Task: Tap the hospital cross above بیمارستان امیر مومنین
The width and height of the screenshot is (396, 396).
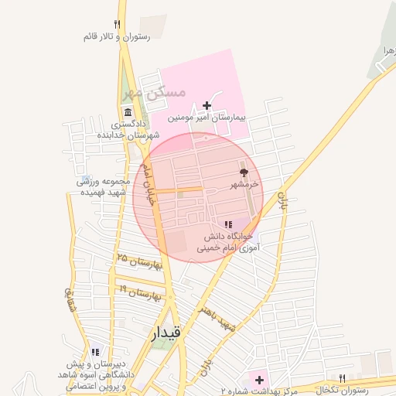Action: coord(207,105)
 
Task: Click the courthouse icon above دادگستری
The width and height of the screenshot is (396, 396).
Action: coord(128,112)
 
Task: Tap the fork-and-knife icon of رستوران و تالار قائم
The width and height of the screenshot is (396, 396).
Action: coord(117,24)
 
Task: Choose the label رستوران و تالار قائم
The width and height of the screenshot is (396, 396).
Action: coord(117,36)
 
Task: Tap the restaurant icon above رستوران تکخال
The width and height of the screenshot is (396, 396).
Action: coord(341,377)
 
